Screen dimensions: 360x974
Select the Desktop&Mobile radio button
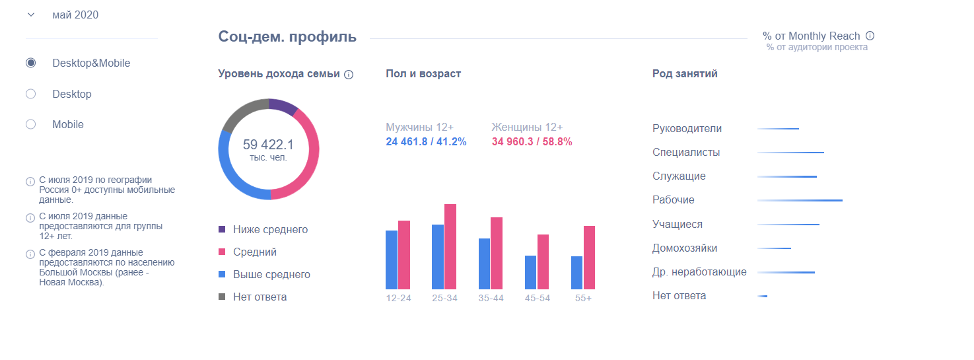coord(30,63)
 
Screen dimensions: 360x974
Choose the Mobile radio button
coord(30,124)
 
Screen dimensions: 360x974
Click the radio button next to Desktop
coord(30,94)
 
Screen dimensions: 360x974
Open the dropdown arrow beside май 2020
coord(30,15)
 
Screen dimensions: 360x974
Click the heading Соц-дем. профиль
coord(287,37)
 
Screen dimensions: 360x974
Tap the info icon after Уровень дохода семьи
coord(349,75)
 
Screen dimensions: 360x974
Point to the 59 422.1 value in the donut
coord(268,145)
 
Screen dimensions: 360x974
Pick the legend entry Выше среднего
coord(271,275)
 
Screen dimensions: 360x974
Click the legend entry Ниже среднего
coord(270,230)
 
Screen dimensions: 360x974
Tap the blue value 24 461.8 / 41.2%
coord(426,142)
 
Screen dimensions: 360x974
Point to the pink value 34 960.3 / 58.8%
coord(532,142)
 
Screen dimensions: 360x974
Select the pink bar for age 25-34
coord(450,246)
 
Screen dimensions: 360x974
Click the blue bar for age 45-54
coord(530,272)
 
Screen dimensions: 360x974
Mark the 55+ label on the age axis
coord(583,298)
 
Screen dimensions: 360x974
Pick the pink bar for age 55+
coord(589,258)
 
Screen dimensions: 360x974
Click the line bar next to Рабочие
coord(800,200)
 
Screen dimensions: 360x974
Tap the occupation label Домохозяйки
coord(684,248)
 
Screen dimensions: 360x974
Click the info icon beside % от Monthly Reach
coord(870,36)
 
